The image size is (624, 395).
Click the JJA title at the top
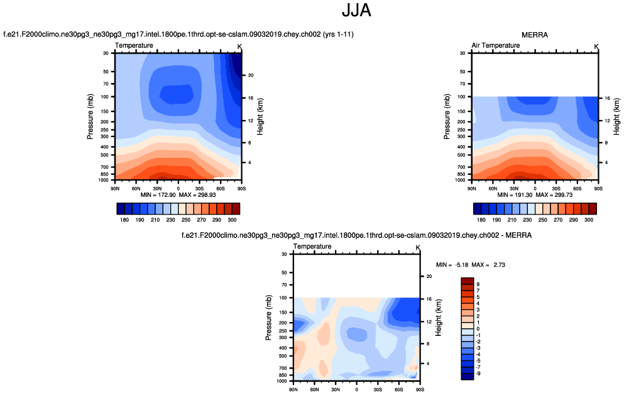357,11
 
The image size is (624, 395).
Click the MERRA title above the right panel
535,35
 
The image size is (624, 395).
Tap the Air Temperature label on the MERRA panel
496,45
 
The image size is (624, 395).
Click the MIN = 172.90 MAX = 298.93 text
178,194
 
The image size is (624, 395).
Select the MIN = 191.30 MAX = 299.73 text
535,194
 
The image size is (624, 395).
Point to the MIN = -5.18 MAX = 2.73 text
471,265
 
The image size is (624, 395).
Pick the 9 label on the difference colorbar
478,284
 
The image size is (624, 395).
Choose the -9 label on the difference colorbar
479,373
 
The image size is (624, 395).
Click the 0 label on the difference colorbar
478,328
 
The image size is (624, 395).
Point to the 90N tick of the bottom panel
293,389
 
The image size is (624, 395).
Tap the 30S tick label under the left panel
199,188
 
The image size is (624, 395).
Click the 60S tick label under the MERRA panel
577,188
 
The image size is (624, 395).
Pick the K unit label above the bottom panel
417,247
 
